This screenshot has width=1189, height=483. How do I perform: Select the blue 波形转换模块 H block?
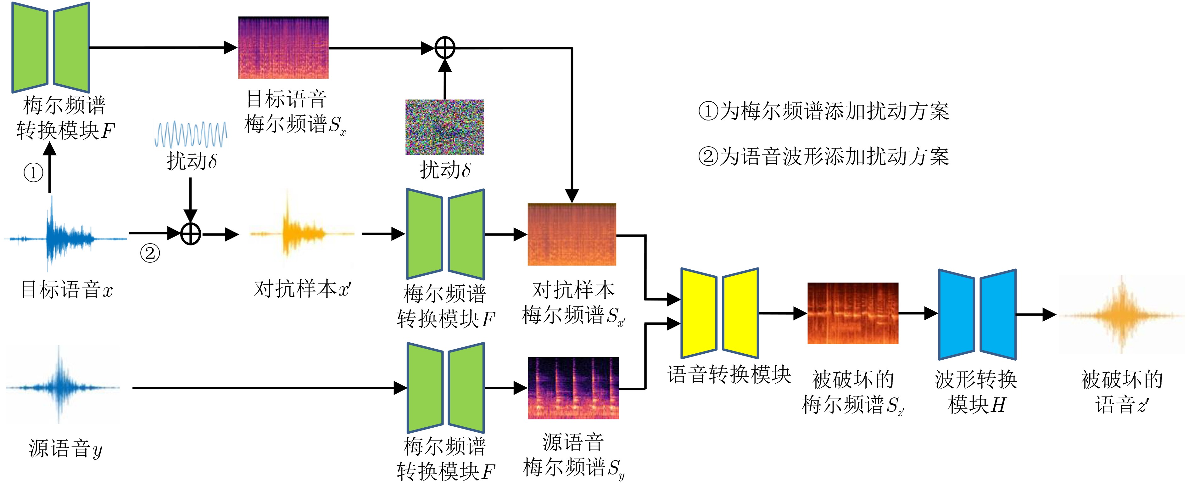point(977,314)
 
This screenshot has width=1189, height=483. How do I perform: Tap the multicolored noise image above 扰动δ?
point(444,127)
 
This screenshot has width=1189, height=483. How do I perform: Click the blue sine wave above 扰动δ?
point(191,134)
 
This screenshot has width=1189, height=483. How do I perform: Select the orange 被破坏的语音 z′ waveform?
point(1122,315)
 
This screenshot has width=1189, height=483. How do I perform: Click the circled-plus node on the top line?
point(445,48)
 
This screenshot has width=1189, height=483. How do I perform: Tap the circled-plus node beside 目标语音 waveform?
point(191,234)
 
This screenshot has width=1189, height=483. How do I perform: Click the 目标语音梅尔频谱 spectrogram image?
point(283,48)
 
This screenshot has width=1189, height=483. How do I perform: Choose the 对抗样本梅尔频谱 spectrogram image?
point(572,234)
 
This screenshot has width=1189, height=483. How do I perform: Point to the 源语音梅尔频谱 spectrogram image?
point(573,388)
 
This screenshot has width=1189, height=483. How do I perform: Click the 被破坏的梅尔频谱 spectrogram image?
point(852,313)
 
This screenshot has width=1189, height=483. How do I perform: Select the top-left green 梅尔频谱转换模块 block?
point(50,48)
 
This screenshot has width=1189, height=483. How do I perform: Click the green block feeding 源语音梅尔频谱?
point(445,388)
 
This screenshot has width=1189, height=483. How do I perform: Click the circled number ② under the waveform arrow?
point(150,253)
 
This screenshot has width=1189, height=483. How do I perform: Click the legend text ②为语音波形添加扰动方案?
point(823,156)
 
